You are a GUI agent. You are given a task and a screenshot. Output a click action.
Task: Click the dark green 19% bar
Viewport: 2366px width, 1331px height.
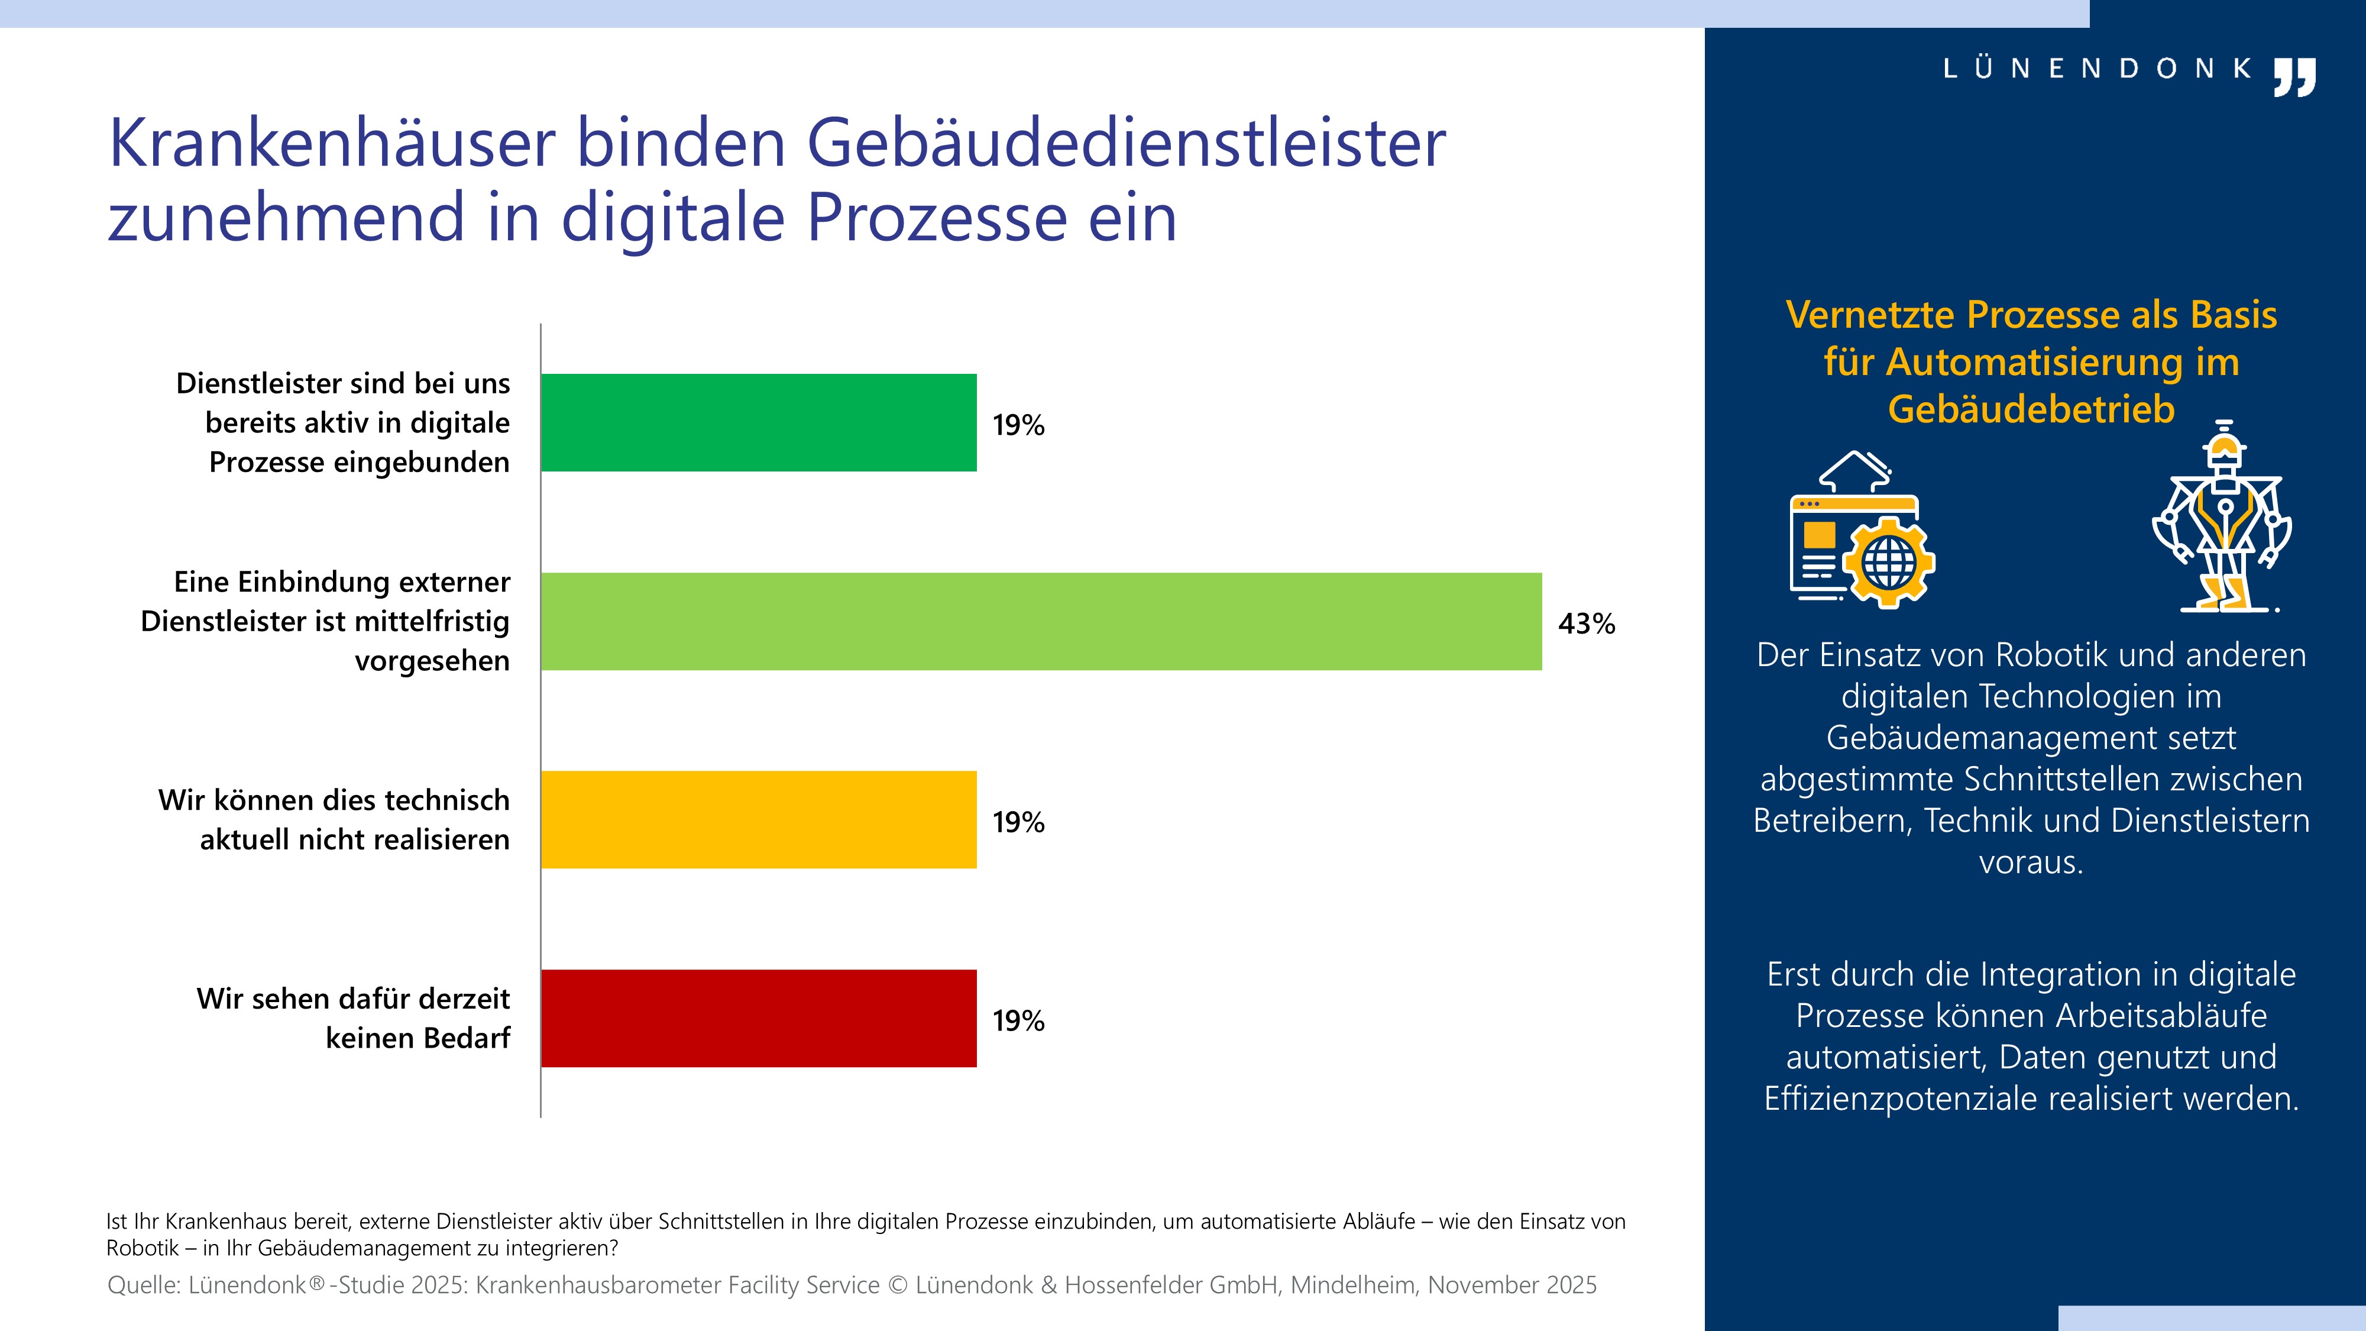click(759, 422)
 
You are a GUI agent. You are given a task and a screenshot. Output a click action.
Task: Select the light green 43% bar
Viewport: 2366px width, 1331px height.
click(1041, 622)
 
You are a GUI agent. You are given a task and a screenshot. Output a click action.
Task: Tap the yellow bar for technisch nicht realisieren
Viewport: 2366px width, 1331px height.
click(759, 819)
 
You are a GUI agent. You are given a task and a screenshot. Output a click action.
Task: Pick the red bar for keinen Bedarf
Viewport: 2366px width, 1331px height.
click(759, 1017)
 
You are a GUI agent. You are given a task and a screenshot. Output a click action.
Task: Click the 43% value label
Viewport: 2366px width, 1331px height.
click(1586, 623)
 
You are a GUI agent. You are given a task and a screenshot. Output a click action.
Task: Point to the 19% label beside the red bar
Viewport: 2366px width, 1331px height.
click(1018, 1020)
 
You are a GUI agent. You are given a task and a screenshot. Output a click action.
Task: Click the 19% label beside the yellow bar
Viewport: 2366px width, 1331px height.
click(1018, 822)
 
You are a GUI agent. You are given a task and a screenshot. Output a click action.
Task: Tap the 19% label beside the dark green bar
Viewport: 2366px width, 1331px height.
click(1018, 425)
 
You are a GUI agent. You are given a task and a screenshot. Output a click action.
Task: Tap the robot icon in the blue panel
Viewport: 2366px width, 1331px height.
click(2222, 516)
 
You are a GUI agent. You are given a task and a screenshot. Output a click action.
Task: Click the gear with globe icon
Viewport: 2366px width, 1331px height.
click(1888, 562)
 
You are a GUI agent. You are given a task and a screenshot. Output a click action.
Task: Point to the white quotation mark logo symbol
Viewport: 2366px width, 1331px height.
click(2294, 76)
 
